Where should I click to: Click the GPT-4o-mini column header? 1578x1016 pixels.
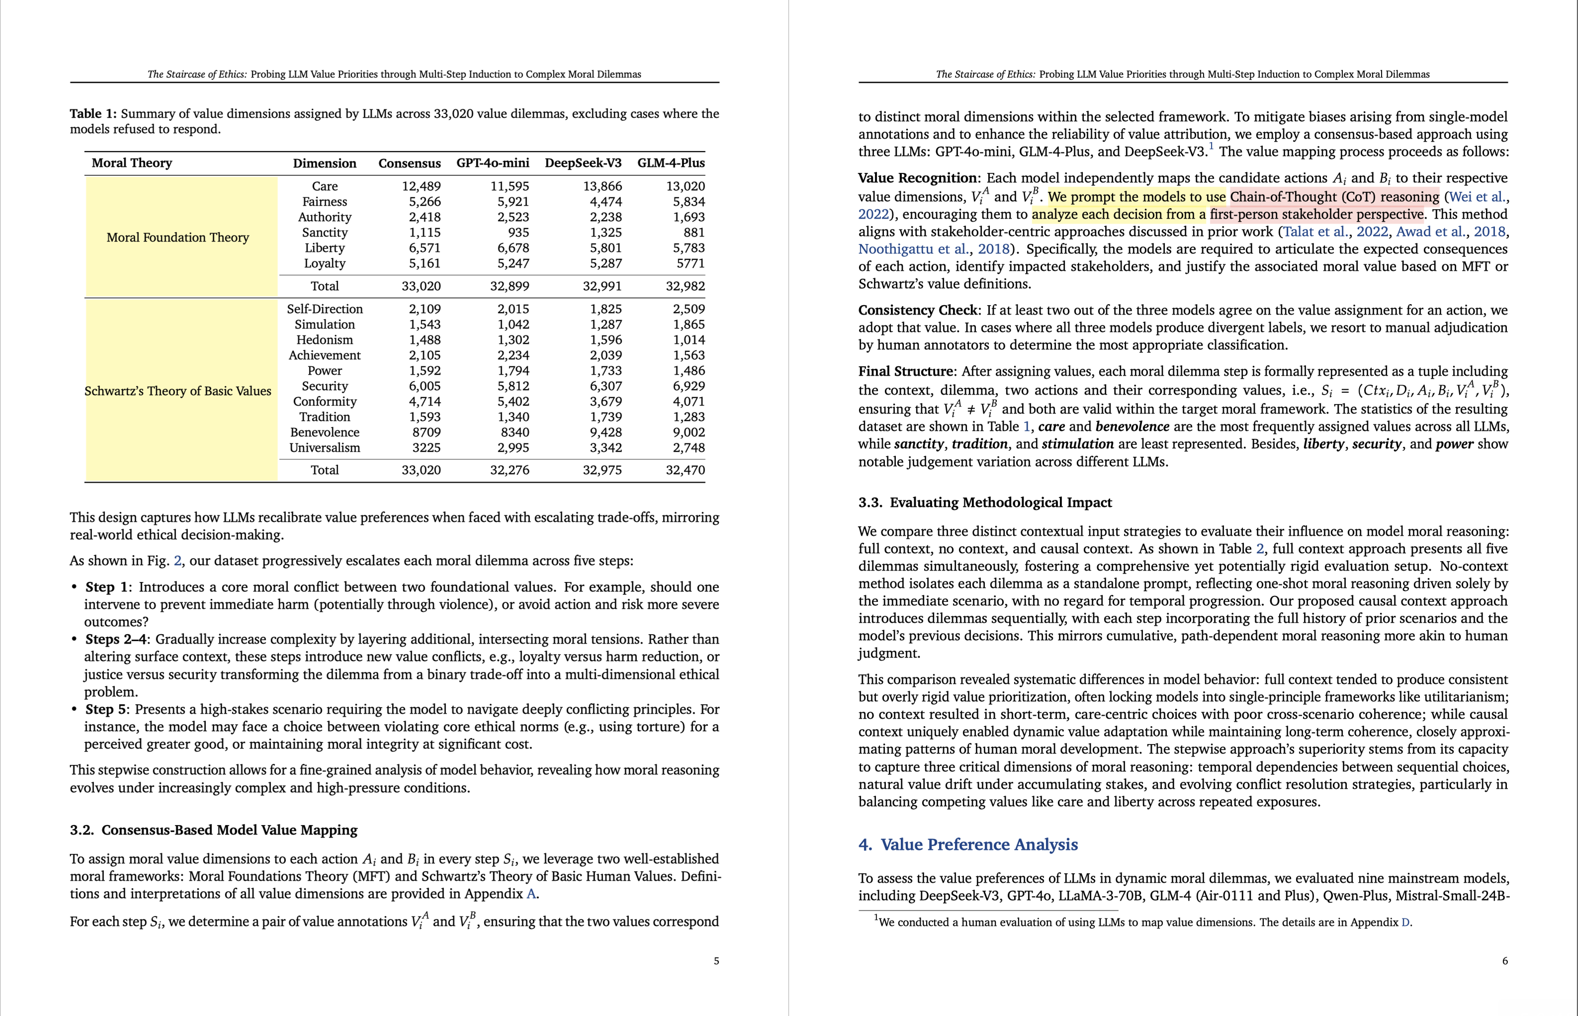click(492, 163)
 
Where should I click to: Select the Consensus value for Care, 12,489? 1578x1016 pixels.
click(421, 186)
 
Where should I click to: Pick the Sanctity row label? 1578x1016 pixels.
click(325, 232)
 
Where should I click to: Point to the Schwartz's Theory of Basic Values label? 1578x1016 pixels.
click(178, 391)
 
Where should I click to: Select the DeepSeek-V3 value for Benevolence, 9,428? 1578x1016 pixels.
click(602, 432)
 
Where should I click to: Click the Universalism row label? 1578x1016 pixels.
click(325, 447)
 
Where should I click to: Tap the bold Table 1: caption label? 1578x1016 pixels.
click(93, 113)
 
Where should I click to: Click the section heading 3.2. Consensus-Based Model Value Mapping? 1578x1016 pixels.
click(214, 830)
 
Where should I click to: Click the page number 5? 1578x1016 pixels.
click(716, 961)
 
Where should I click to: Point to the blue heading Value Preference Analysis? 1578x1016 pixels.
click(979, 845)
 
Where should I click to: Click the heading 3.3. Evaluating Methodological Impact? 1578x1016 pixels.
click(984, 502)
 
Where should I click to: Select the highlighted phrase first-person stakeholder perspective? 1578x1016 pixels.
click(1316, 214)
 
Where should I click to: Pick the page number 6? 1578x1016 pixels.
click(1505, 961)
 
